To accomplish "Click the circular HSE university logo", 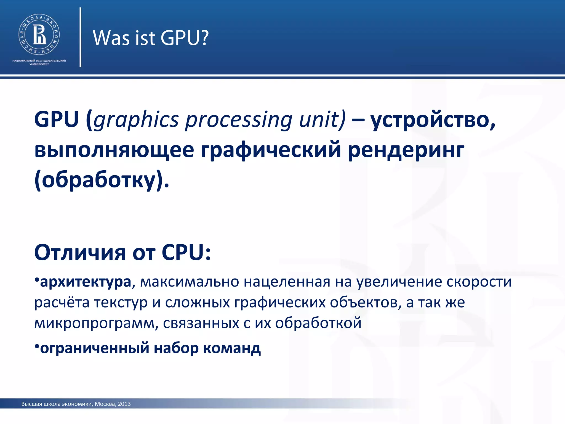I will click(x=39, y=35).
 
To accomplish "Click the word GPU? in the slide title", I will click(x=184, y=38).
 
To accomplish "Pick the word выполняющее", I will click(x=114, y=150).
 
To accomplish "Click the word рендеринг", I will click(x=406, y=150).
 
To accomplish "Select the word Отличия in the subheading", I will click(x=80, y=253).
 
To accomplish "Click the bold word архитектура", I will click(x=86, y=282).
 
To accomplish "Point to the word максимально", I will click(x=189, y=282).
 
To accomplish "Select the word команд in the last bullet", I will click(x=232, y=348).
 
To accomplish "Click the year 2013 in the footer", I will click(x=124, y=404).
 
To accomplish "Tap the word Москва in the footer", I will click(x=105, y=404).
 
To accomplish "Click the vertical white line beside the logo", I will click(x=80, y=37).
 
